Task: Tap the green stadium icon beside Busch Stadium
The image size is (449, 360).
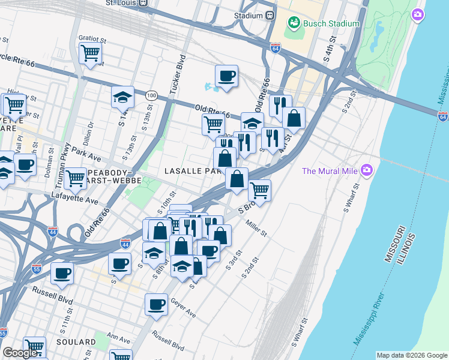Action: click(x=294, y=23)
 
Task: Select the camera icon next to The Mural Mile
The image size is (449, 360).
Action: click(x=367, y=171)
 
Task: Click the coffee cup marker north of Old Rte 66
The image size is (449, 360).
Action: click(x=226, y=76)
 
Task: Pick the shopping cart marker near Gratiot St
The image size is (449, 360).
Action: click(x=90, y=53)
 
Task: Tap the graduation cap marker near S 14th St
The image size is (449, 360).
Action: click(x=122, y=96)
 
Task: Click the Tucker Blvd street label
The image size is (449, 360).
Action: click(x=178, y=67)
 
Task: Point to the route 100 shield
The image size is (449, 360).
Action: click(x=151, y=95)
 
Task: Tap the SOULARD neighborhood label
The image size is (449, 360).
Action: click(x=77, y=342)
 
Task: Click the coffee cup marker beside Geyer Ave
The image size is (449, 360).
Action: click(x=156, y=304)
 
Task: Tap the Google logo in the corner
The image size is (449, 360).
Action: click(x=20, y=353)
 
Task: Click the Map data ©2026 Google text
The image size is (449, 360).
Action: click(x=412, y=355)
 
